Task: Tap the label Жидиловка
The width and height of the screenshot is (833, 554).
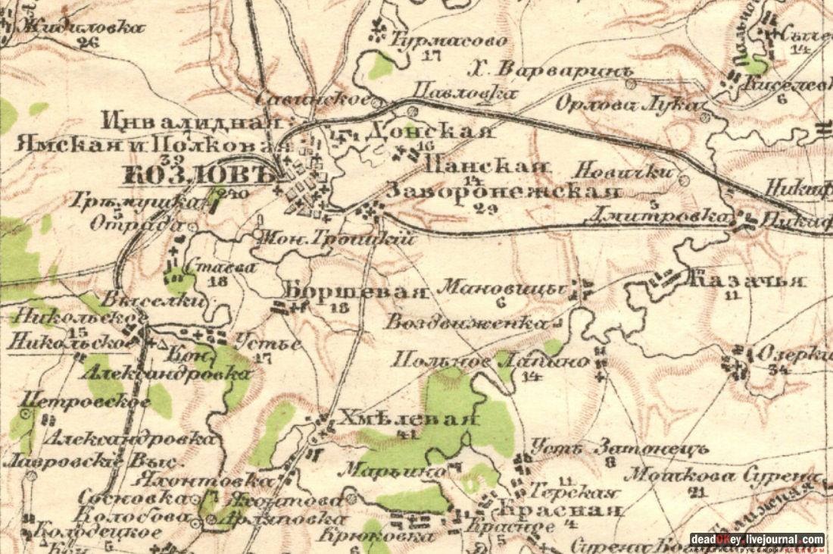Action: (x=83, y=27)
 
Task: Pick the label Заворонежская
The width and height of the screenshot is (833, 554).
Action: (x=504, y=192)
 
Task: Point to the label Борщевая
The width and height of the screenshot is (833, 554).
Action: (x=352, y=291)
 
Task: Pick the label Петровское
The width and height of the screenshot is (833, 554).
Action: (x=86, y=401)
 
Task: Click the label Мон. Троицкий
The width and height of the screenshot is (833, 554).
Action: (x=335, y=238)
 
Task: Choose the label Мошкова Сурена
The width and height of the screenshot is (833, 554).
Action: (x=723, y=477)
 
